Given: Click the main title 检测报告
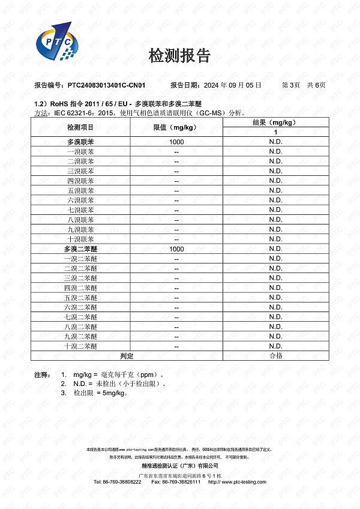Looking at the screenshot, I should (179, 56).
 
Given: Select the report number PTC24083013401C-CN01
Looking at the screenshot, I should (106, 85).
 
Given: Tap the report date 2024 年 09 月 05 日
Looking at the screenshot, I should (224, 85).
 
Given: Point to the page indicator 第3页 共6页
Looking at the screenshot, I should (304, 85).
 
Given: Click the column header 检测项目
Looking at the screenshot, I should (80, 127).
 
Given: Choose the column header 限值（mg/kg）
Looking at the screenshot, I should (176, 127).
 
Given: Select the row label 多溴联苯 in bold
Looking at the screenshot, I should (80, 142).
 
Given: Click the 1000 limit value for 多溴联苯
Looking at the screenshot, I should (176, 142).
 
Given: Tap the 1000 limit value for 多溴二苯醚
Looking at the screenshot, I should (176, 248).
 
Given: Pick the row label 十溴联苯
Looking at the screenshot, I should (80, 239).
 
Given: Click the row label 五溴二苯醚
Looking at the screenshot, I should (80, 297).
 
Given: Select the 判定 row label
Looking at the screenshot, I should (127, 356).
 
